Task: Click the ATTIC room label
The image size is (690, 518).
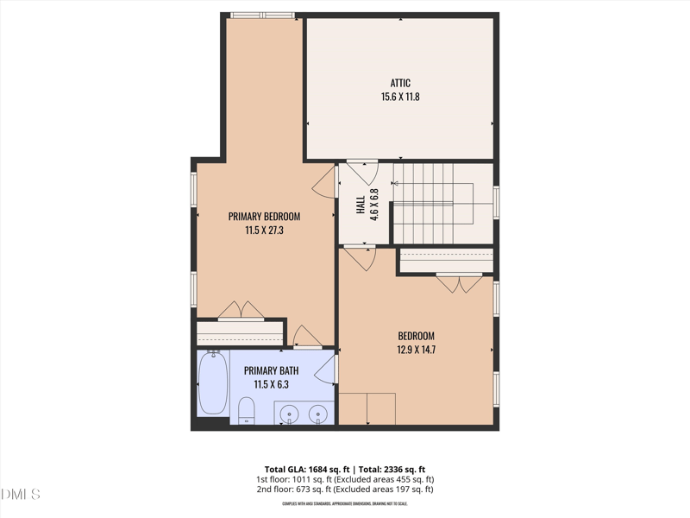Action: [x=399, y=83]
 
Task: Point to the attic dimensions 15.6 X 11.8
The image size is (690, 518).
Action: [x=399, y=97]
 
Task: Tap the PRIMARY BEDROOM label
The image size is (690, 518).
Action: [x=264, y=216]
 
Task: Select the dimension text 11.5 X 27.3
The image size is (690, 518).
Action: [x=264, y=230]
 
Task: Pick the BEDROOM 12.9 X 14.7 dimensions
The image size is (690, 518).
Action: [x=416, y=350]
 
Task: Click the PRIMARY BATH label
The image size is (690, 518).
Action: [x=271, y=370]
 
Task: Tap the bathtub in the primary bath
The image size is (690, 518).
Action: [x=212, y=384]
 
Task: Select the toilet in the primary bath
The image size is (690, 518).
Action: [x=246, y=409]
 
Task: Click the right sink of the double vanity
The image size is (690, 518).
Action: [x=319, y=414]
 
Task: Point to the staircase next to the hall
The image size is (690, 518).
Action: [x=431, y=201]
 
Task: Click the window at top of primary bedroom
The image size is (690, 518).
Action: [x=263, y=15]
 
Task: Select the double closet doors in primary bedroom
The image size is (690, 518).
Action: [x=241, y=312]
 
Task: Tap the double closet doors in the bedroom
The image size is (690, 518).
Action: [x=459, y=282]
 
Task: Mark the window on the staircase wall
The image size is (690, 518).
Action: [x=496, y=201]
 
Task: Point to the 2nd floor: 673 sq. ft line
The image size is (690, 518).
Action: [x=344, y=490]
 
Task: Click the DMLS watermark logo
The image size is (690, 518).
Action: [x=21, y=494]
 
